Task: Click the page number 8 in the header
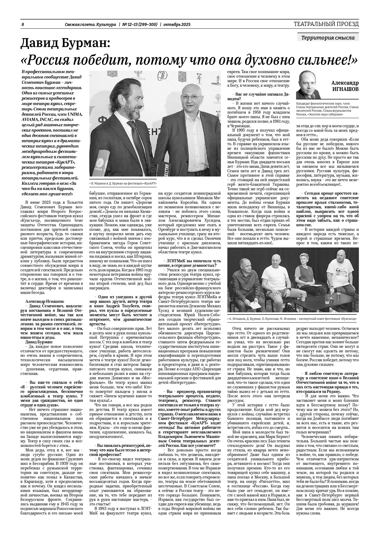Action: pyautogui.click(x=23, y=25)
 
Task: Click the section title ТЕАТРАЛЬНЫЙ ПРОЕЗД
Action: pyautogui.click(x=326, y=24)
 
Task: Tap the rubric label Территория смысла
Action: pyautogui.click(x=328, y=38)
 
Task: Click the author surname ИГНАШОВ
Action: pyautogui.click(x=345, y=89)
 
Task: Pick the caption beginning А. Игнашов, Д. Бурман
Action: pyautogui.click(x=292, y=319)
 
